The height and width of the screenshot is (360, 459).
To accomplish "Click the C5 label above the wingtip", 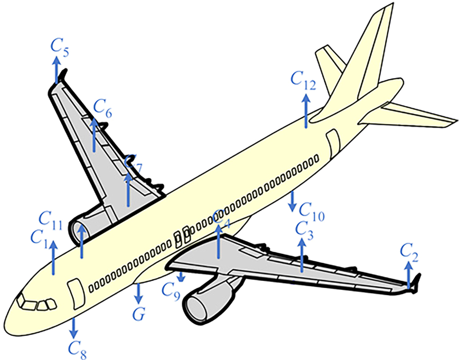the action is click(x=60, y=50).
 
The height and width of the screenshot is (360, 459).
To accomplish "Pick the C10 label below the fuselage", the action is click(x=312, y=212).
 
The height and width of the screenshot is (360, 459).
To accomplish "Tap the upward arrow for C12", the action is click(x=306, y=111).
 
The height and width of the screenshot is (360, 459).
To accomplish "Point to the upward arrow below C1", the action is click(x=54, y=258).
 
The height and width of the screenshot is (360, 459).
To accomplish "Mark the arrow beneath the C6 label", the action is click(x=94, y=135).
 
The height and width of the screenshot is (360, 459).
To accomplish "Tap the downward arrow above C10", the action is click(x=292, y=201).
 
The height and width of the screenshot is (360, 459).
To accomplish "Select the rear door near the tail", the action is click(x=334, y=143).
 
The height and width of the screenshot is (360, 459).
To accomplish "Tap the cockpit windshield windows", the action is click(x=36, y=305).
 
